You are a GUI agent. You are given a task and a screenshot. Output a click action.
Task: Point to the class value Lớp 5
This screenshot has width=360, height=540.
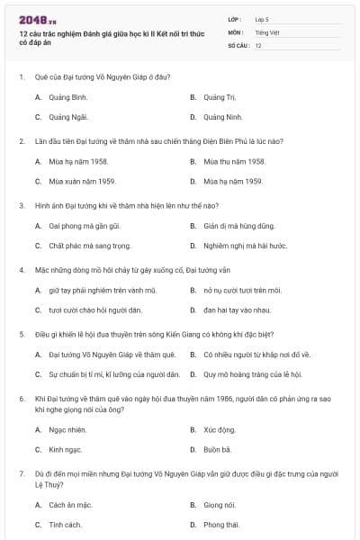click(x=262, y=19)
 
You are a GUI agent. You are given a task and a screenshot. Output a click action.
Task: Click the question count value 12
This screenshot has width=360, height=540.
click(x=258, y=45)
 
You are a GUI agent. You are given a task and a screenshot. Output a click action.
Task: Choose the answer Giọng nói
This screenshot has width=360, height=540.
click(x=220, y=504)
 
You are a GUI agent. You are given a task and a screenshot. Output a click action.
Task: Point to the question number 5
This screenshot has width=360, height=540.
click(x=21, y=333)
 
